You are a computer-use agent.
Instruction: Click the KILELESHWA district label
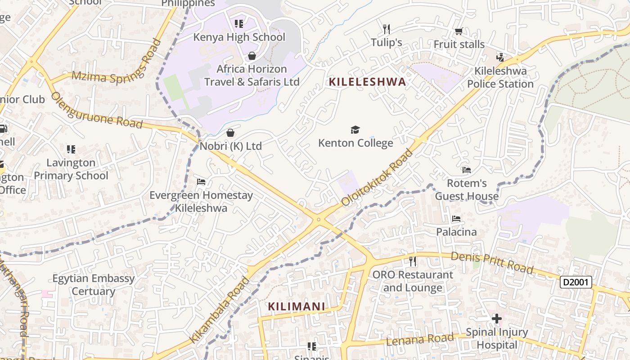367,82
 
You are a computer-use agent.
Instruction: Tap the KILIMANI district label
297,306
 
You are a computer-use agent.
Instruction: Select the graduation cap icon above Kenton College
355,130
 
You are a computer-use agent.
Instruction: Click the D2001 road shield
576,282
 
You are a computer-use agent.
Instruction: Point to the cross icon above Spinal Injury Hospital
497,319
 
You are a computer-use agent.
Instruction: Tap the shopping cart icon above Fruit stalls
459,31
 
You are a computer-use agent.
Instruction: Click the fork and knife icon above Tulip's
386,29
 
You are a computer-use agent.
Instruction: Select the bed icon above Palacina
456,219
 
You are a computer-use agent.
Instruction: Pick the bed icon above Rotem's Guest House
467,170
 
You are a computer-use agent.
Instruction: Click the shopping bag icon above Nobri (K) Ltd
230,133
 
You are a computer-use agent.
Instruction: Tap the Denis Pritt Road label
492,262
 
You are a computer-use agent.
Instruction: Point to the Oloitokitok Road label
377,178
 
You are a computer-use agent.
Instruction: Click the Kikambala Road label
220,310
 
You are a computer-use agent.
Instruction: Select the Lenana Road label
420,339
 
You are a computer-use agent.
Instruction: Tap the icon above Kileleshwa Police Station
500,57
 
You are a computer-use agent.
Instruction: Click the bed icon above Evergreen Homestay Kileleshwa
201,182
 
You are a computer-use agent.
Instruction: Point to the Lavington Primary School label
71,169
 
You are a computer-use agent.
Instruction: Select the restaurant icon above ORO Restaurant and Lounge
412,261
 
